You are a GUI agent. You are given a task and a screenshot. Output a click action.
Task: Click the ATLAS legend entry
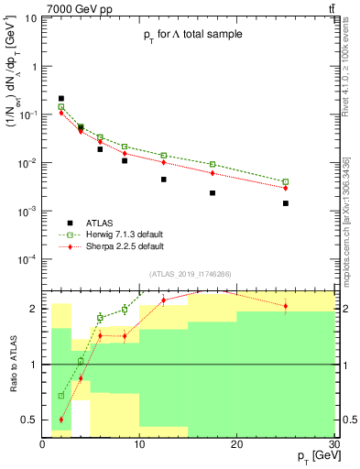[110, 223]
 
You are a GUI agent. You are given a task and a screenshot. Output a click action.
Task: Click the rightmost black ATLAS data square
[286, 203]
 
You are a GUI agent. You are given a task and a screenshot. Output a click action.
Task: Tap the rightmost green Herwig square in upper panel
[286, 181]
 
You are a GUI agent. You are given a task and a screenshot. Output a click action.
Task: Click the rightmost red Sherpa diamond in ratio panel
[286, 306]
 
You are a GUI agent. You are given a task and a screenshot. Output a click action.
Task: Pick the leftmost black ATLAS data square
[61, 98]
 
